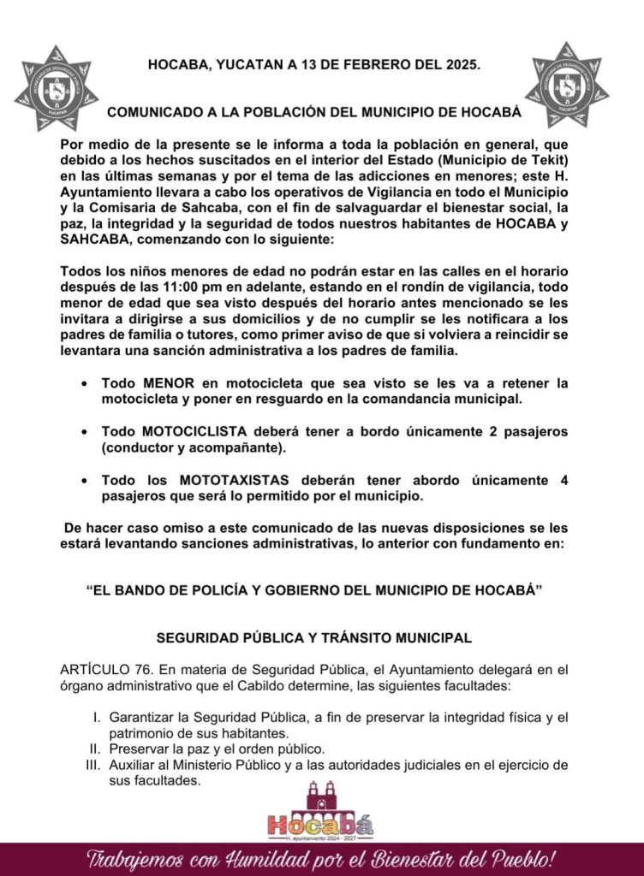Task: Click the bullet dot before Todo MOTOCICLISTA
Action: [83, 432]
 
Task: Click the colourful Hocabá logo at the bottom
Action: [320, 812]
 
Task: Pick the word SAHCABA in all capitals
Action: [98, 242]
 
